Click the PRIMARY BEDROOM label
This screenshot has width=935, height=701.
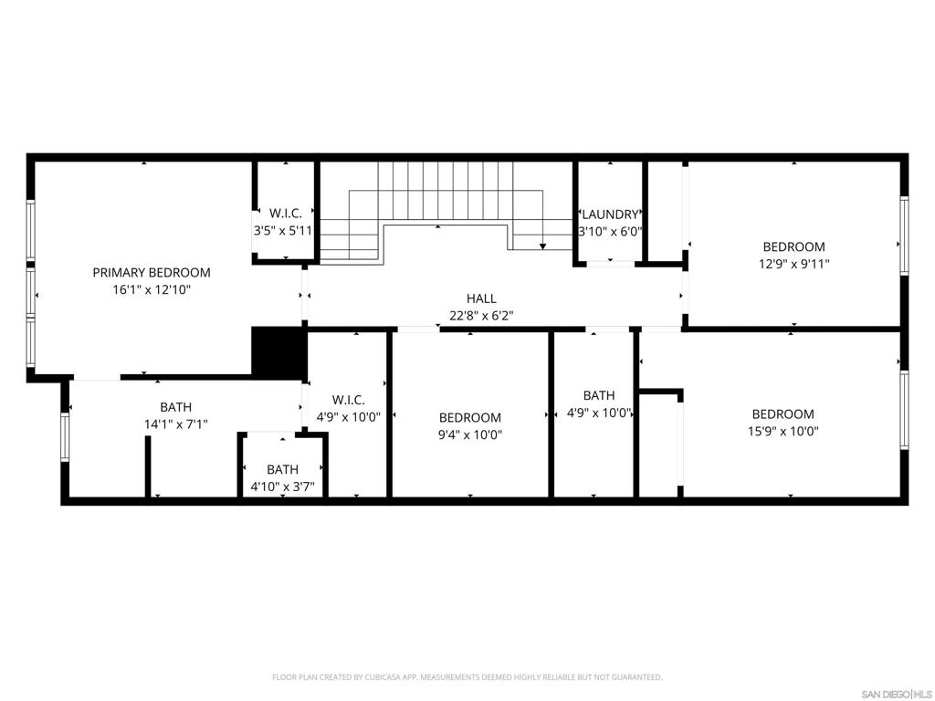click(x=152, y=273)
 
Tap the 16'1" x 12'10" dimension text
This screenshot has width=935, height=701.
click(x=152, y=290)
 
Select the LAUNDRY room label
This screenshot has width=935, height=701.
click(x=610, y=214)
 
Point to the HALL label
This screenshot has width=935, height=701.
click(x=481, y=298)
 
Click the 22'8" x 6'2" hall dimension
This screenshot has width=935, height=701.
click(x=481, y=316)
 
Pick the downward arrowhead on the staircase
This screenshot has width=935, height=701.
click(x=542, y=246)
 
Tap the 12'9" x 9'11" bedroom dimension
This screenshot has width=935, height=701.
click(x=794, y=264)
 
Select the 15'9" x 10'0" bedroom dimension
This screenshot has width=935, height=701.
click(x=783, y=431)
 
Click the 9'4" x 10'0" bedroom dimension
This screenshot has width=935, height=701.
click(x=470, y=434)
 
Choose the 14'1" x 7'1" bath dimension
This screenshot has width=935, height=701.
click(x=176, y=424)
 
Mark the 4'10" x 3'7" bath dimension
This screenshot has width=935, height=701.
click(x=283, y=487)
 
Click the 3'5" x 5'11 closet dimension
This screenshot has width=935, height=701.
click(x=283, y=231)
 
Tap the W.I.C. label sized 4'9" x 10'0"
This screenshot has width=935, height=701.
click(x=348, y=400)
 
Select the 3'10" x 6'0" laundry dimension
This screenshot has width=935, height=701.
click(x=610, y=232)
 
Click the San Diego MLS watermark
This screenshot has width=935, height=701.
click(x=897, y=695)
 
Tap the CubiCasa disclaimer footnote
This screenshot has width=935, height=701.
click(x=467, y=677)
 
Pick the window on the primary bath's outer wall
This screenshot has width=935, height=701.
click(x=65, y=437)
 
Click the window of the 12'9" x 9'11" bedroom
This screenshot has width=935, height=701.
click(x=904, y=235)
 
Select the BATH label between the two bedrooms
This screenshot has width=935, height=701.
click(x=599, y=396)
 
